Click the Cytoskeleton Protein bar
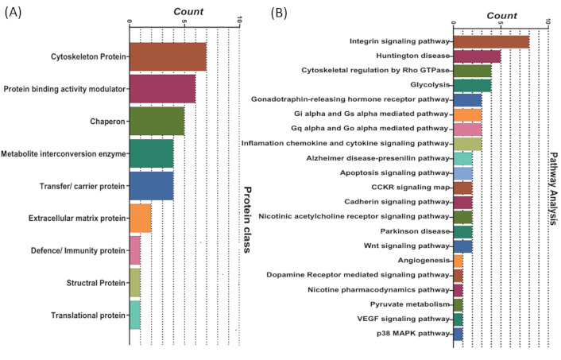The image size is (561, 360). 168,57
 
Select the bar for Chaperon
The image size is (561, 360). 157,122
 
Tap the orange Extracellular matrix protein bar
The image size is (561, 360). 140,219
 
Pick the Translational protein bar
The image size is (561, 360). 135,315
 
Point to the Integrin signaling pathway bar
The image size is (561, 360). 491,41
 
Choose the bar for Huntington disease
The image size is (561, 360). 477,56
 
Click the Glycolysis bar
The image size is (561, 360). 472,86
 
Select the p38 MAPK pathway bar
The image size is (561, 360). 458,334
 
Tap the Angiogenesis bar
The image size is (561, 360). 458,261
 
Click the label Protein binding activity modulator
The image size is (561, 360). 64,89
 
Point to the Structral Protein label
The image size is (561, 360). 96,283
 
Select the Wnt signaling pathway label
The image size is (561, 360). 406,246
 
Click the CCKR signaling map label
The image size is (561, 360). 410,188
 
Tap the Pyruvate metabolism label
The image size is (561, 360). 410,304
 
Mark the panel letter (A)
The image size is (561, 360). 13,13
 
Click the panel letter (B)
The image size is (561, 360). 279,14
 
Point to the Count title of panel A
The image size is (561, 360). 188,12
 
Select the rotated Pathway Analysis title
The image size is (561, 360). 553,188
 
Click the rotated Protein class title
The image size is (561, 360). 247,219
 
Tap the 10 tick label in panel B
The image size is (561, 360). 547,21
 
